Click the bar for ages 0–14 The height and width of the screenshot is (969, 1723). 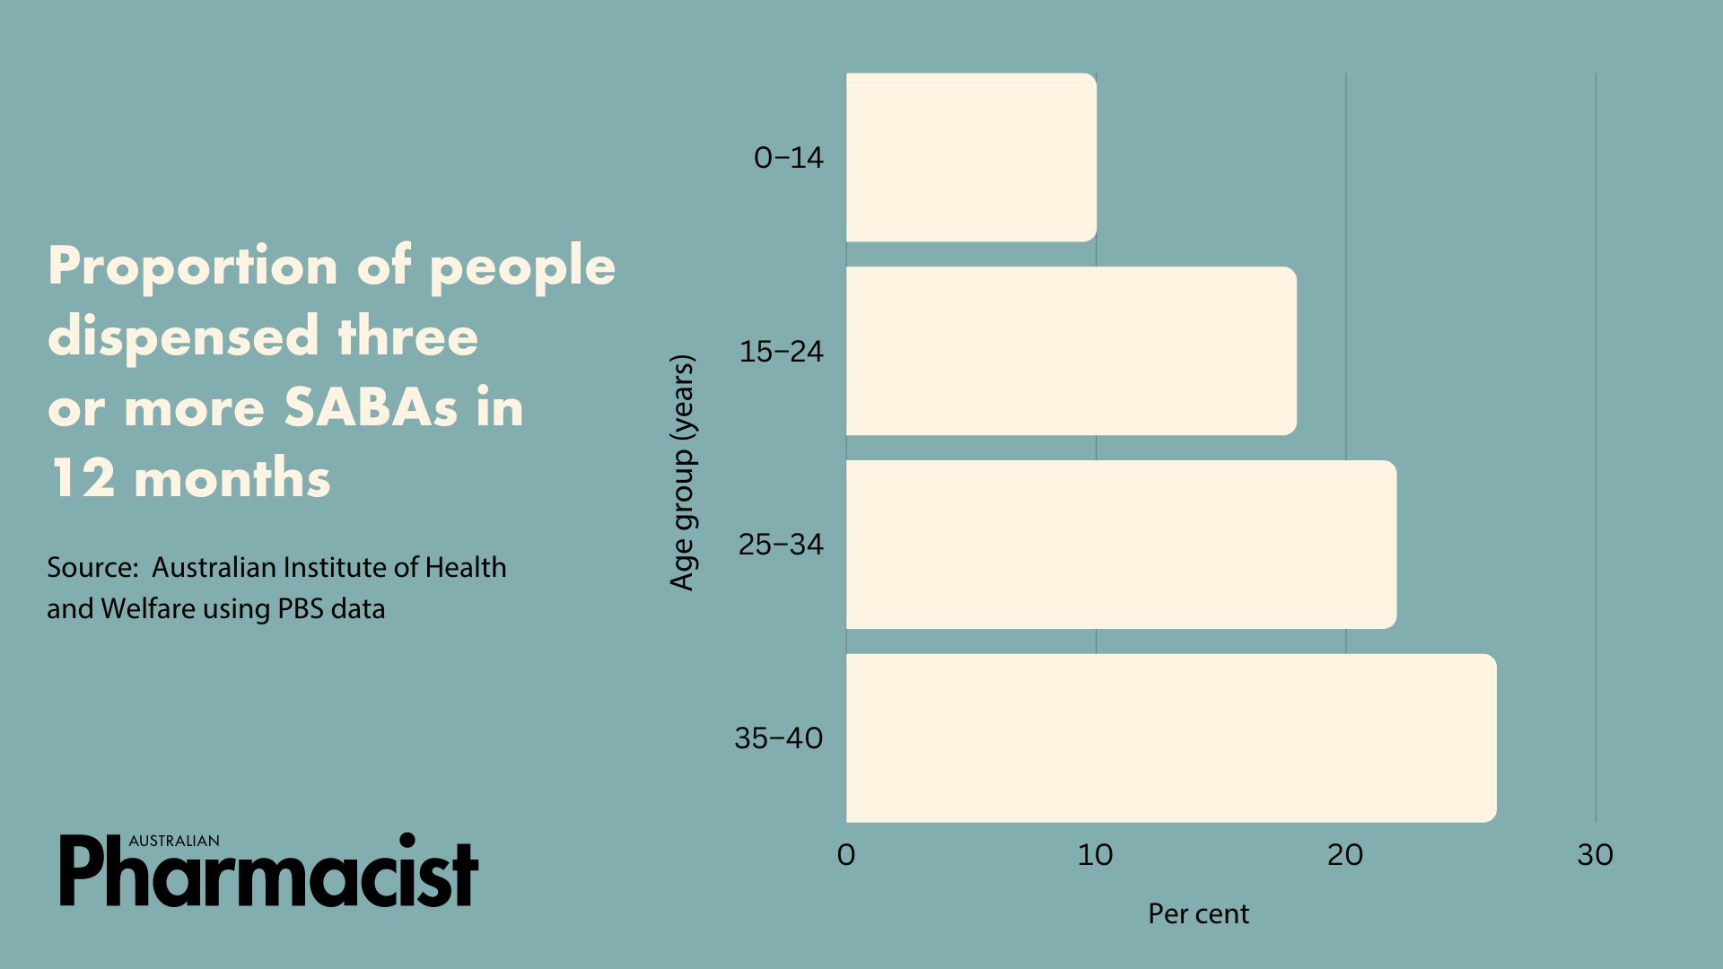(x=971, y=157)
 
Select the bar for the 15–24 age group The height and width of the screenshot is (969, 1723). (x=1071, y=351)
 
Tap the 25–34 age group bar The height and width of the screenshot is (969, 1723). (x=1122, y=545)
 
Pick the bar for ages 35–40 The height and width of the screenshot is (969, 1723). (x=1171, y=738)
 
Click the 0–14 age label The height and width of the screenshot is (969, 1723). (x=789, y=158)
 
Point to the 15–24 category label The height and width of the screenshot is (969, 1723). (x=781, y=351)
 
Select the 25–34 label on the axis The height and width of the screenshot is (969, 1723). (x=781, y=545)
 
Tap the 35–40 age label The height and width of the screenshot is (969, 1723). (x=779, y=738)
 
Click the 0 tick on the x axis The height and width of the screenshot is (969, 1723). (x=846, y=855)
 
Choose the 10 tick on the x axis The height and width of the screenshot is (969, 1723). (x=1095, y=855)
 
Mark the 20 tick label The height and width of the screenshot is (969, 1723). (x=1345, y=855)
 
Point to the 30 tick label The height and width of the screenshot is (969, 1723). (x=1595, y=855)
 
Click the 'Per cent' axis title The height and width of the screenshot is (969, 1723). (x=1198, y=913)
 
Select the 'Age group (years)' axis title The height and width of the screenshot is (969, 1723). (x=683, y=473)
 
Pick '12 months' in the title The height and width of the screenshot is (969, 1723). (x=189, y=477)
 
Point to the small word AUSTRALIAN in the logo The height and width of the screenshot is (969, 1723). (x=174, y=841)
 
